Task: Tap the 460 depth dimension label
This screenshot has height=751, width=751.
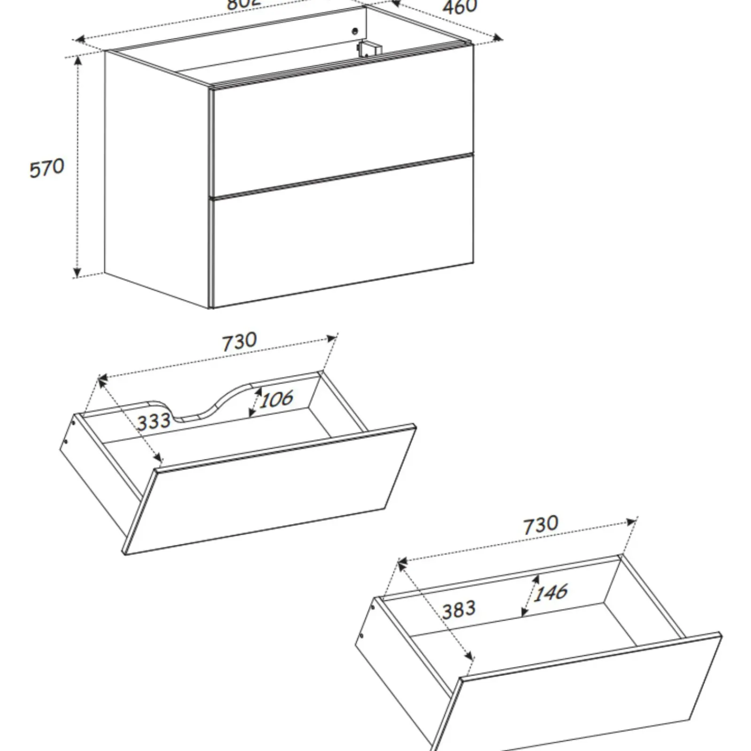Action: click(x=460, y=7)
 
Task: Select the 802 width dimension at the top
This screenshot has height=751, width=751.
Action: click(x=243, y=4)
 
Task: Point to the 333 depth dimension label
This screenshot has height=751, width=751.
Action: click(x=153, y=421)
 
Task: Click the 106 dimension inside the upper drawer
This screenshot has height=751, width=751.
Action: click(x=277, y=399)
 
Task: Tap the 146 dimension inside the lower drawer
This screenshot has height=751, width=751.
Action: click(x=551, y=592)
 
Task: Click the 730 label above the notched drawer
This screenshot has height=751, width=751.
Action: click(x=239, y=342)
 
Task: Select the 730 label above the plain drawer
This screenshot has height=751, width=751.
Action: click(x=541, y=525)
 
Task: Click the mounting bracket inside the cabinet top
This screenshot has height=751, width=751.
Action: click(x=369, y=49)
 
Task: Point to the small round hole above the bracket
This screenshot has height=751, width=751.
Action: click(x=355, y=31)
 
